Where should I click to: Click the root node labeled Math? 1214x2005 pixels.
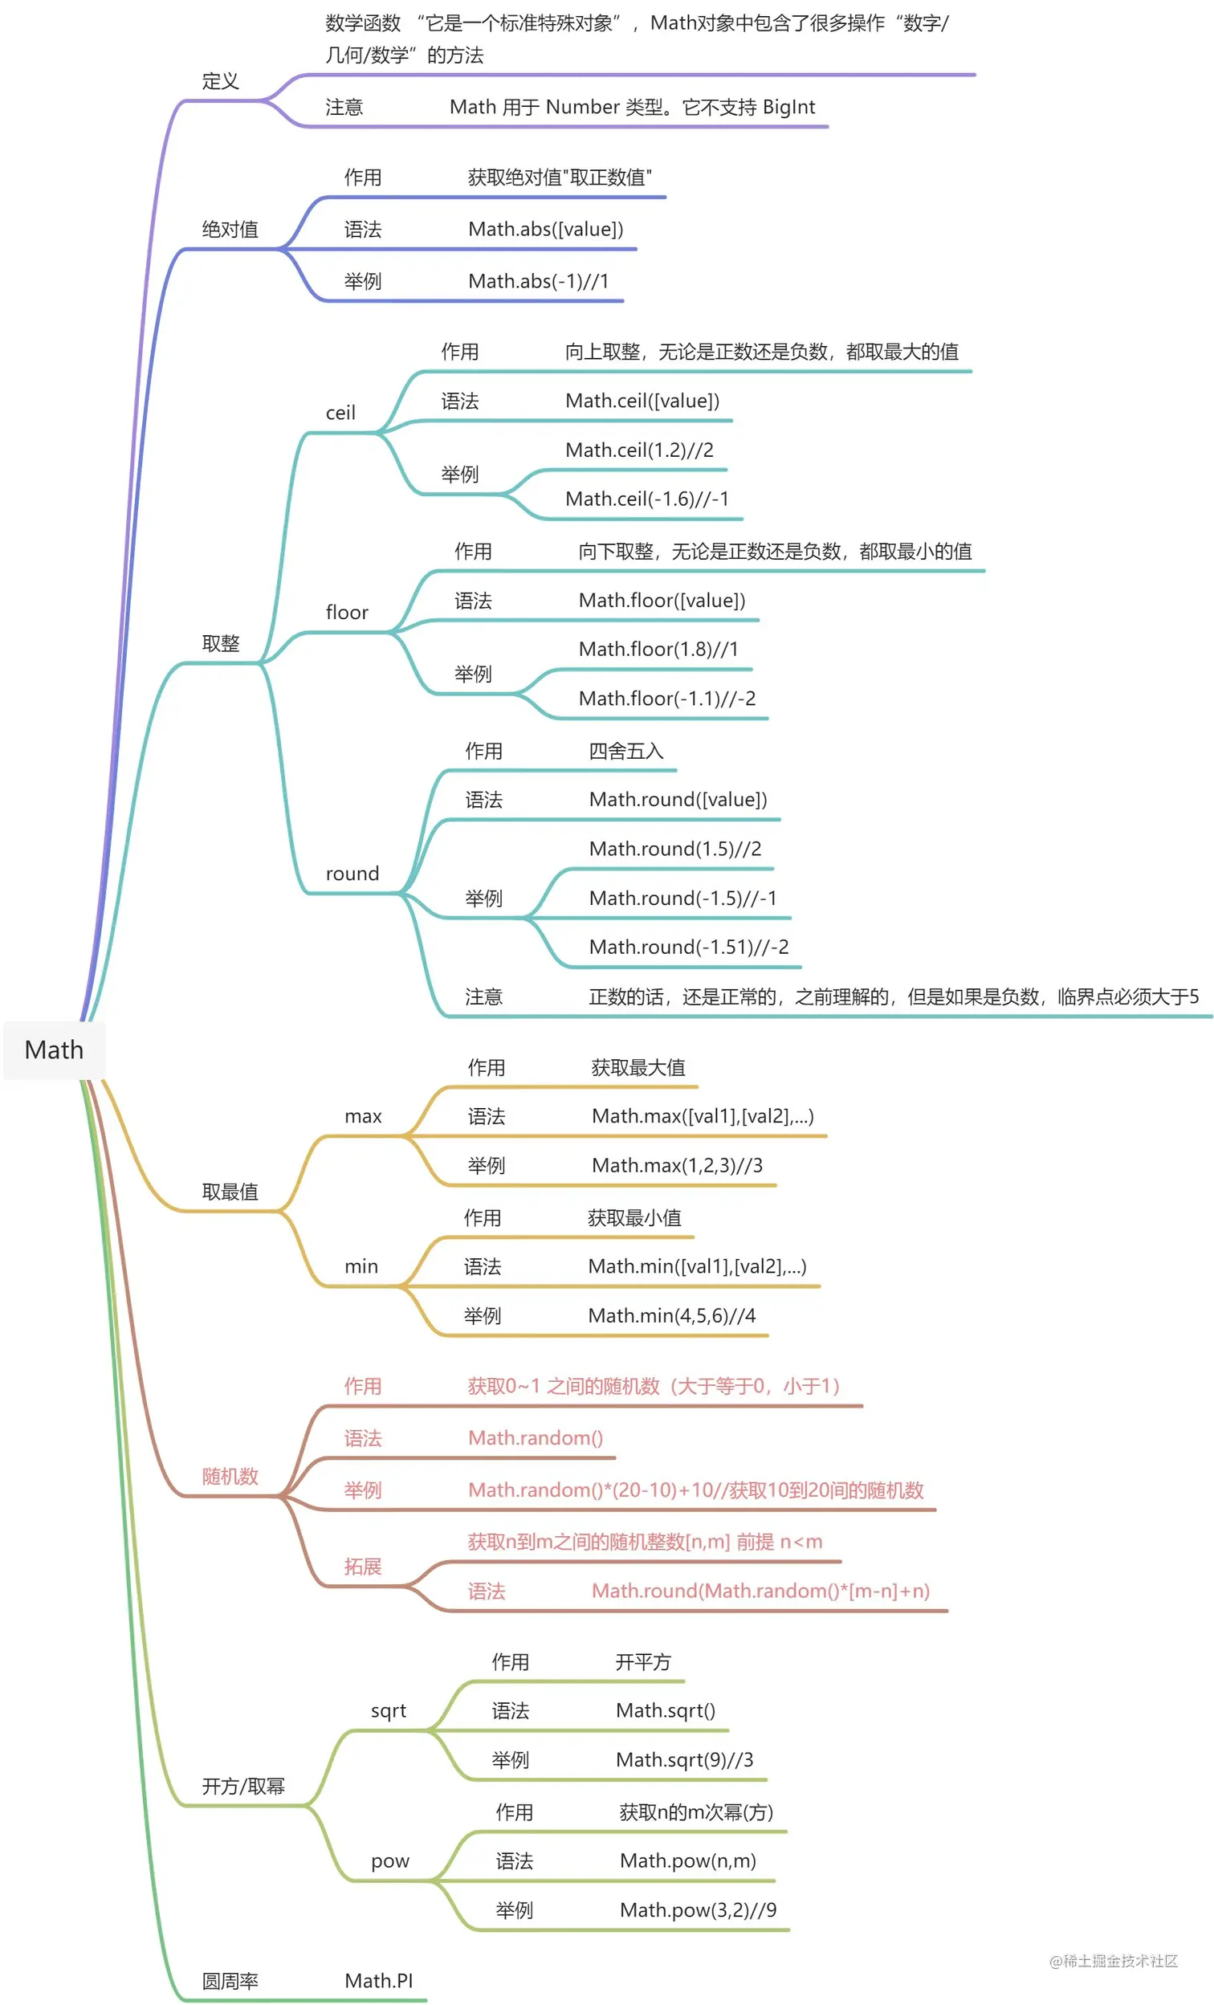point(54,1049)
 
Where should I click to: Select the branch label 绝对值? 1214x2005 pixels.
point(230,230)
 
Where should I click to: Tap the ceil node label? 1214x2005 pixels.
point(340,413)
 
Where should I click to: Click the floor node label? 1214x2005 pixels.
point(347,612)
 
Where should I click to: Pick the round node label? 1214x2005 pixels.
point(352,873)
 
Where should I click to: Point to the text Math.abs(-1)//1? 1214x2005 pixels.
point(538,281)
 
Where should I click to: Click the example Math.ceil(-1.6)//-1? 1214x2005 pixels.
point(647,498)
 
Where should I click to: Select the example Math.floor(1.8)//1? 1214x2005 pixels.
point(658,649)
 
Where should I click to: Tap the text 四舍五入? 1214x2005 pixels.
point(625,750)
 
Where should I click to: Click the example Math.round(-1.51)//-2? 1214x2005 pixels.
point(688,947)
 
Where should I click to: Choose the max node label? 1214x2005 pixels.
point(363,1115)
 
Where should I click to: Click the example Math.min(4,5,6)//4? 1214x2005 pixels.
point(671,1315)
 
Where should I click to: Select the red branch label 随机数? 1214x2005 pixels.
point(230,1476)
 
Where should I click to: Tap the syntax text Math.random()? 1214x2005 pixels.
point(536,1438)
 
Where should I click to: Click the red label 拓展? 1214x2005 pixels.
point(362,1566)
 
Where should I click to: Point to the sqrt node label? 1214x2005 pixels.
point(388,1710)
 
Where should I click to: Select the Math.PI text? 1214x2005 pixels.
point(378,1981)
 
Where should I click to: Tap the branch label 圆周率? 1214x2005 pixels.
point(230,1981)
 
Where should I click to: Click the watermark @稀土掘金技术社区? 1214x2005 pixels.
point(1113,1961)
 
